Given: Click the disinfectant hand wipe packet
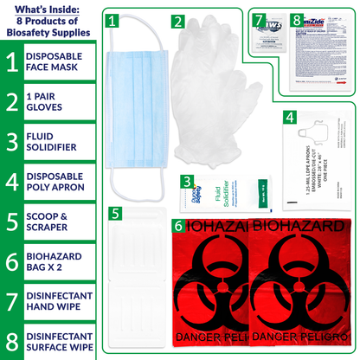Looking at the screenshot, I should (269, 31).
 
